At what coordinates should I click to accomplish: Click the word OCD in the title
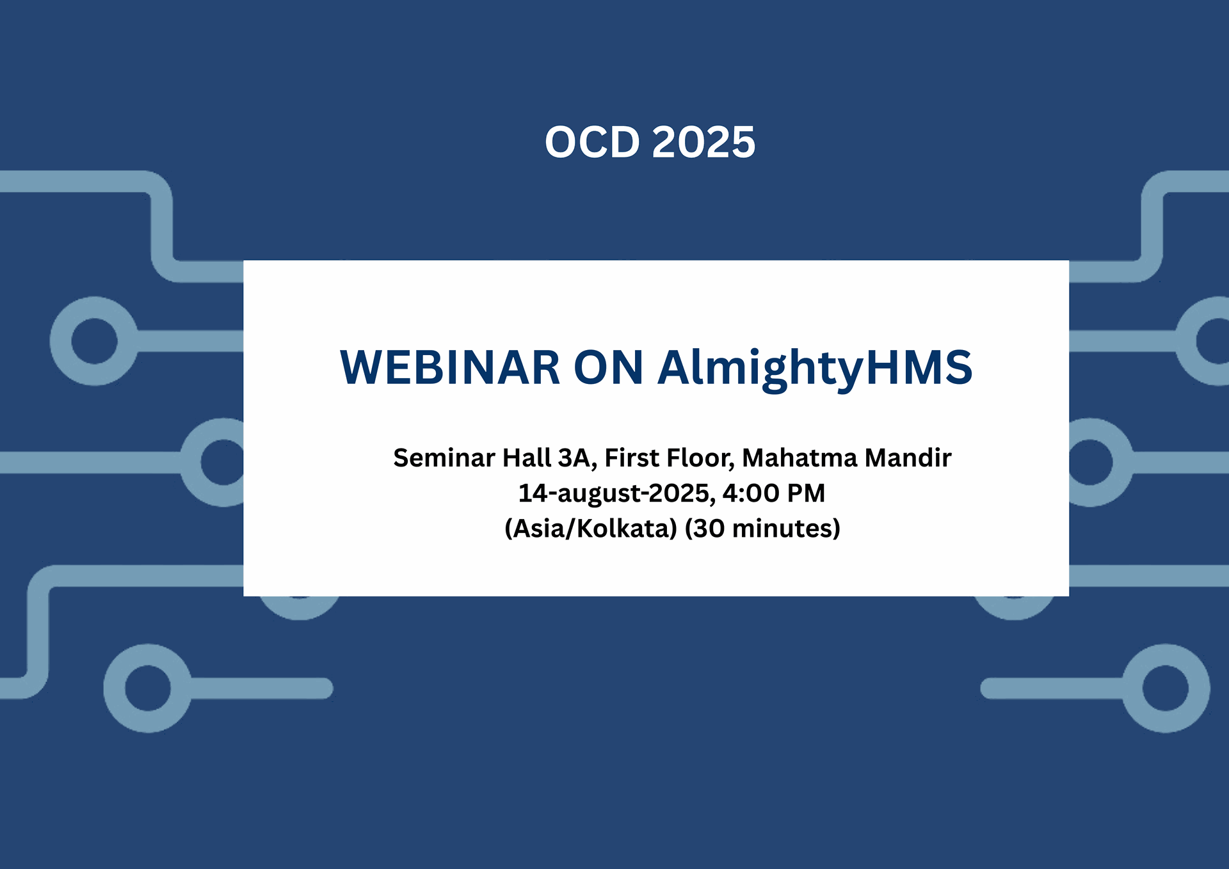[x=592, y=141]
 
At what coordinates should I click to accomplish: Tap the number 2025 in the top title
[x=703, y=141]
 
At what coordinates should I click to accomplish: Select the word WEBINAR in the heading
[x=450, y=367]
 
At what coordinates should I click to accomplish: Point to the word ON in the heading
[x=609, y=367]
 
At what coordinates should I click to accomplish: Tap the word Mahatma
[x=799, y=458]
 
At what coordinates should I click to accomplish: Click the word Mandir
[x=908, y=458]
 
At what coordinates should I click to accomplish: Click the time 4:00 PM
[x=774, y=493]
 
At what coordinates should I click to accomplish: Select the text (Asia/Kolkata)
[x=591, y=529]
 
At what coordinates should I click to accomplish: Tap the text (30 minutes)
[x=762, y=529]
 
